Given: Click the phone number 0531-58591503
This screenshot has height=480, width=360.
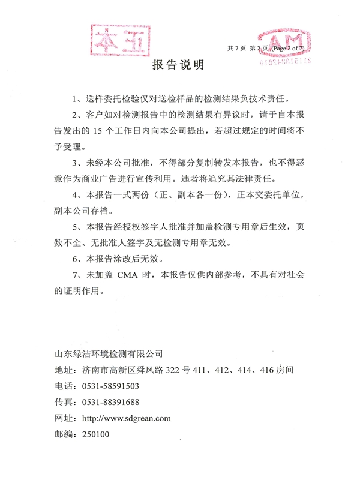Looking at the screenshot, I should [110, 386].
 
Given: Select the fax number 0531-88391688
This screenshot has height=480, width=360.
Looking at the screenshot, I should [110, 401].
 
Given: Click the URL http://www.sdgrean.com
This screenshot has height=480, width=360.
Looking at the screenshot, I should [126, 418].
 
